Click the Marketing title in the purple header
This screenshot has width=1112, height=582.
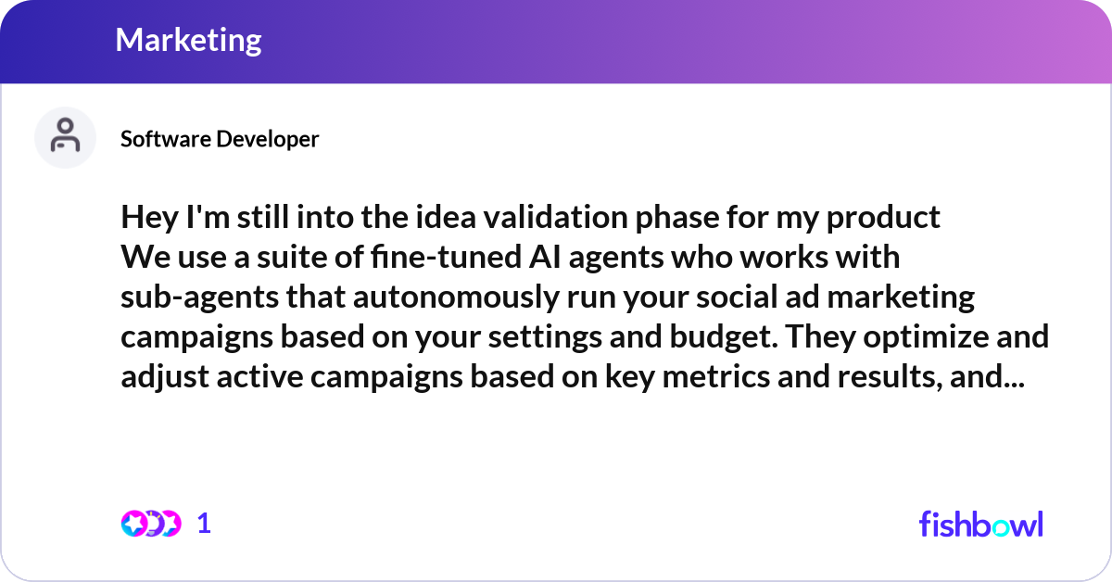(189, 40)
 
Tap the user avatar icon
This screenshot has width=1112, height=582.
(65, 137)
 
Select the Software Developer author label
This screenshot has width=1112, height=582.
(220, 139)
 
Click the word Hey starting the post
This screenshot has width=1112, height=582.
(145, 218)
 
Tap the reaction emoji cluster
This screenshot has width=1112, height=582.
(150, 524)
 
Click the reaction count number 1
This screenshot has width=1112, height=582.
(205, 524)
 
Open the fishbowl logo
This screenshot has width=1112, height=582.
(980, 524)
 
